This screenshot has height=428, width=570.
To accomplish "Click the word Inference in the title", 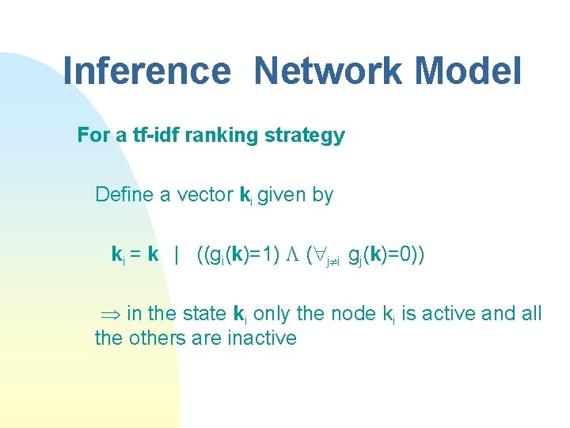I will coord(146,71).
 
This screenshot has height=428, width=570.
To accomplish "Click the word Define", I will coord(124,194).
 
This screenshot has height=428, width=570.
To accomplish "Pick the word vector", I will coord(206,194).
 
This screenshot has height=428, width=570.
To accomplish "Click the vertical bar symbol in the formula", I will coord(177,254).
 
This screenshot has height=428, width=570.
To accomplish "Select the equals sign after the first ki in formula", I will coord(135,254).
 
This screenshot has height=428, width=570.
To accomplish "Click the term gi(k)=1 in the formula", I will coord(242,254).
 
